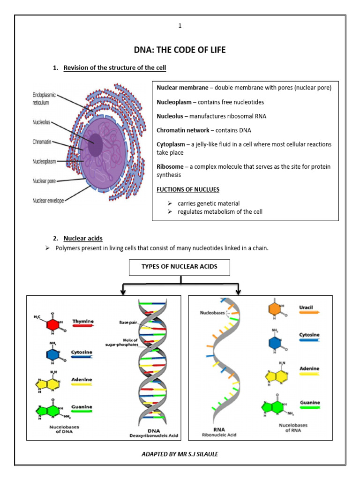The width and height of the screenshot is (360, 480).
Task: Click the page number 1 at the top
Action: click(x=180, y=25)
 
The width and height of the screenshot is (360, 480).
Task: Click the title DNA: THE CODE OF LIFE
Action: click(x=180, y=50)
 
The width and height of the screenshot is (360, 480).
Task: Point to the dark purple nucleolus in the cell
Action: click(x=95, y=144)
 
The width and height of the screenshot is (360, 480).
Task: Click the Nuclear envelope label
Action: click(x=48, y=200)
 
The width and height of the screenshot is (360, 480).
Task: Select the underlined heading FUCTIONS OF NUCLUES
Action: click(x=188, y=189)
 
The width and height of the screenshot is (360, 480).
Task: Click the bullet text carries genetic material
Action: click(x=209, y=203)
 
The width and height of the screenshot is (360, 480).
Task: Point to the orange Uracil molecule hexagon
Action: click(x=276, y=310)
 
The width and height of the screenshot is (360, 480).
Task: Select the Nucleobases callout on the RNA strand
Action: click(x=212, y=312)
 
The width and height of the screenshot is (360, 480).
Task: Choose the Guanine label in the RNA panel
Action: click(x=309, y=403)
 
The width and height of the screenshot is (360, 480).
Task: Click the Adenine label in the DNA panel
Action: click(x=82, y=379)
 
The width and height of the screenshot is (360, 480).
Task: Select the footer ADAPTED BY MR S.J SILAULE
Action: click(x=180, y=454)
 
